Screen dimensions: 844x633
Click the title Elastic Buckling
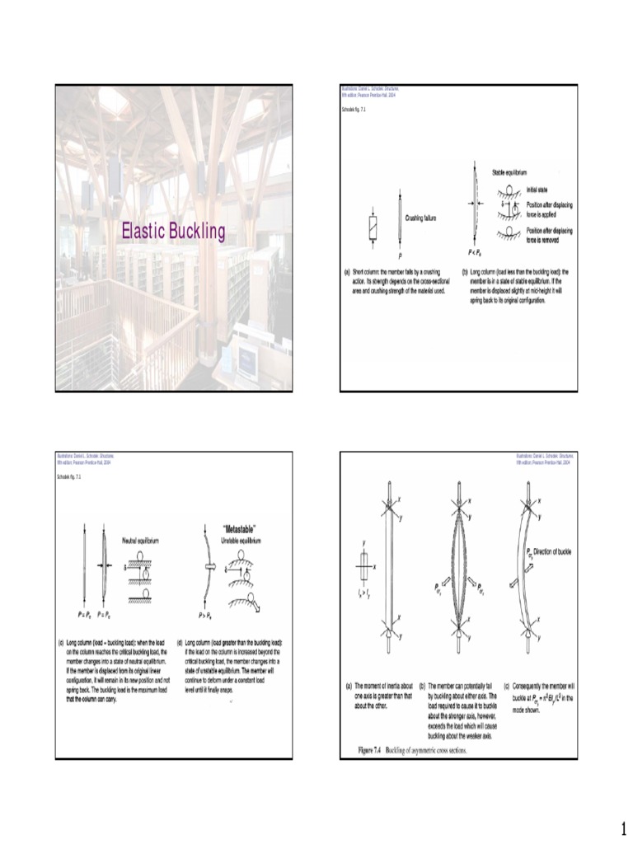tap(173, 232)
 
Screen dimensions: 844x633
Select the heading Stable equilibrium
tap(509, 172)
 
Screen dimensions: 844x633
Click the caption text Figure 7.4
tap(374, 751)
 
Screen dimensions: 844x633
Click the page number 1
tap(623, 827)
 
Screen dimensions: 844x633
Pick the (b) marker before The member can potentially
tap(422, 685)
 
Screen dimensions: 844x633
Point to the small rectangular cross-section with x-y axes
tap(364, 567)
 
